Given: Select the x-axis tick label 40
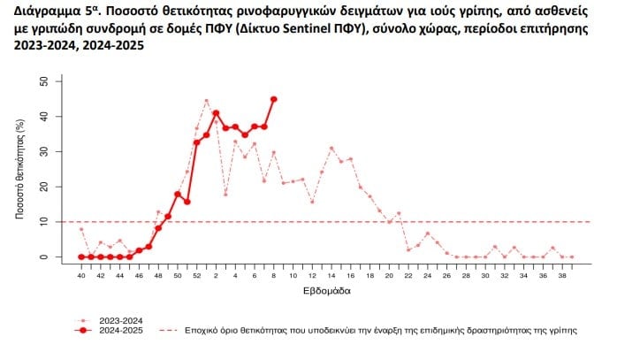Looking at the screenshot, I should tap(81, 276).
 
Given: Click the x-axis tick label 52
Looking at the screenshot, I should tap(196, 276).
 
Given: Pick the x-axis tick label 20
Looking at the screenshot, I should tap(389, 276).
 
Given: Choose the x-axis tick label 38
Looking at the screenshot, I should tap(562, 276).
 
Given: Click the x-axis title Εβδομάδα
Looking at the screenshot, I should tap(325, 290).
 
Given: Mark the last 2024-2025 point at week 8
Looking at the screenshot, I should tap(274, 99).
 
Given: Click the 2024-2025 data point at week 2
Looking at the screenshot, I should tap(216, 113).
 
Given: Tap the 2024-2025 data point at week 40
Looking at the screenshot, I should tap(81, 257).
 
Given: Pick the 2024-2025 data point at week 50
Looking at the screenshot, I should tap(178, 194).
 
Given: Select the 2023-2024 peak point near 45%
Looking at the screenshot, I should tap(206, 100).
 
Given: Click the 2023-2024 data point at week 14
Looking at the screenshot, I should tap(331, 148).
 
